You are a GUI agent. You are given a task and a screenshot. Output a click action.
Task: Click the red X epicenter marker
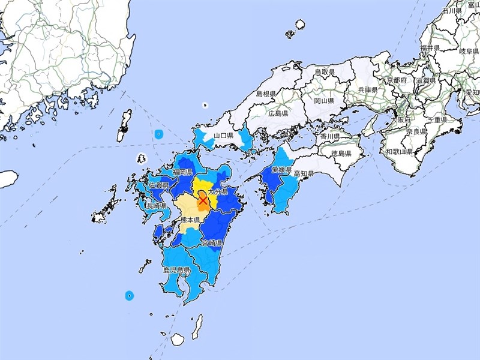click(203, 200)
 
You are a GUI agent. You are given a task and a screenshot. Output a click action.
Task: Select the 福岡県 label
click(182, 172)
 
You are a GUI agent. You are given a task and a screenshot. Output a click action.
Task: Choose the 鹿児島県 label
click(176, 271)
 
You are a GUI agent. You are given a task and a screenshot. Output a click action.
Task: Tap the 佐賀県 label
click(159, 185)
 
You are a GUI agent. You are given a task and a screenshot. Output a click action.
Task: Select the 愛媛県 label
click(281, 171)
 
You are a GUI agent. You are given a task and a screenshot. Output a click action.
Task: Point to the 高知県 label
click(304, 174)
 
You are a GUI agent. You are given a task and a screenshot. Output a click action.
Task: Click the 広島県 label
click(279, 113)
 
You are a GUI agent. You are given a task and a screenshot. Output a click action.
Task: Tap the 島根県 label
click(265, 94)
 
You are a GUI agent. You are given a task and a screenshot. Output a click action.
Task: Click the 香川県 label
click(329, 137)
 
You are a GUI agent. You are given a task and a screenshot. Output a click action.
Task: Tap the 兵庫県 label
click(367, 89)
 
